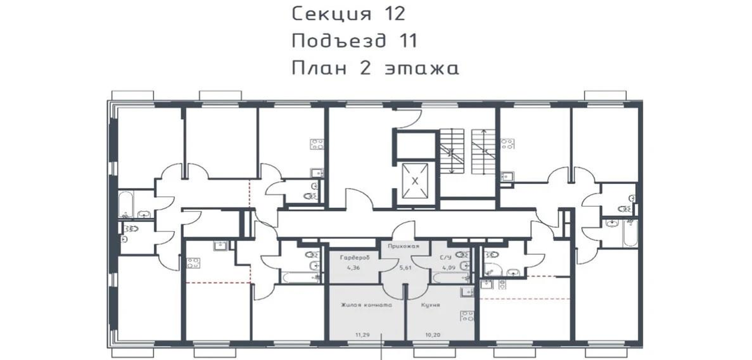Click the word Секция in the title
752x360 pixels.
(331, 14)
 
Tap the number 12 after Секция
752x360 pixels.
(393, 14)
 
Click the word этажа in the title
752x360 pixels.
(421, 68)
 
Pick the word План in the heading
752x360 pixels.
(320, 68)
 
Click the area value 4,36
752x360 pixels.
(354, 267)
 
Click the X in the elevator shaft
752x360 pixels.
(415, 181)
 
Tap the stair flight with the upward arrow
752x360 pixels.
(483, 151)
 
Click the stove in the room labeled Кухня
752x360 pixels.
(467, 316)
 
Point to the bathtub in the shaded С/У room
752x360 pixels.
(451, 278)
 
